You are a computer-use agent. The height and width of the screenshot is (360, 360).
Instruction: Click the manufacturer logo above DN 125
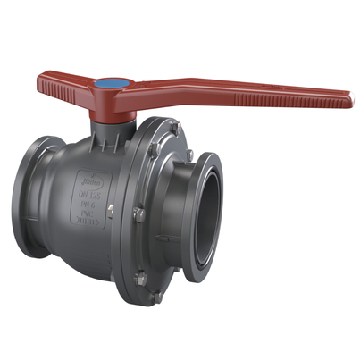click(88, 177)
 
